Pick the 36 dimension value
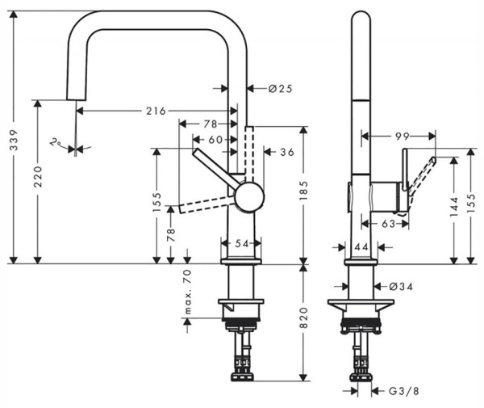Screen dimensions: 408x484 click(x=287, y=151)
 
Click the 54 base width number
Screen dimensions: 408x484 click(x=240, y=242)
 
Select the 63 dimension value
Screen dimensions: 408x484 click(x=387, y=224)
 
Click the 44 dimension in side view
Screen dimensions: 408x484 click(x=361, y=245)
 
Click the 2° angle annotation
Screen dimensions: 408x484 click(x=56, y=142)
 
